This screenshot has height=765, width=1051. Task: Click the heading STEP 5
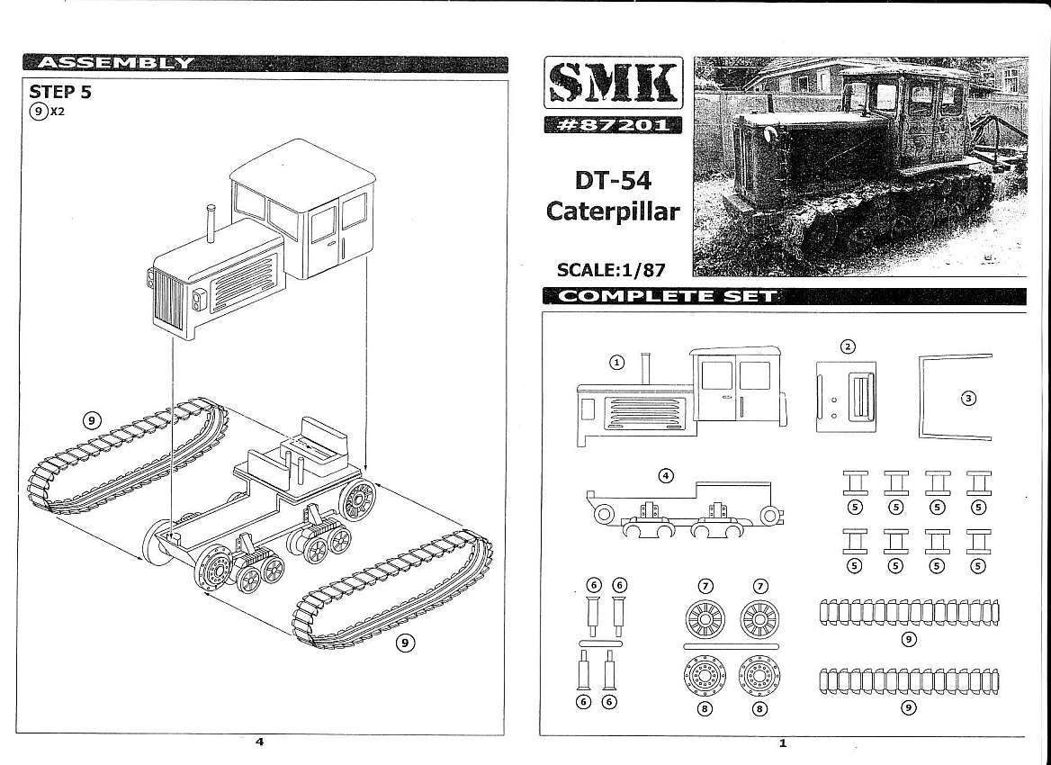coord(60,92)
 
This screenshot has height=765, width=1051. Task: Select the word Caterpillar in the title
coord(614,212)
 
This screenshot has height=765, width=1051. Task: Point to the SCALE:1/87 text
coord(614,269)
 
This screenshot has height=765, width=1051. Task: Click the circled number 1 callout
coord(616,362)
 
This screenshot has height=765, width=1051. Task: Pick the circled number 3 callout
coord(968,399)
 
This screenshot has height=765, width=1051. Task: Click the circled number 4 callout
coord(666,476)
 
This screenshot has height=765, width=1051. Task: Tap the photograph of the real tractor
coord(858,166)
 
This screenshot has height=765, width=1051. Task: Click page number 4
coord(260,742)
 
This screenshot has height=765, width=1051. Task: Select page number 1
coord(783,742)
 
